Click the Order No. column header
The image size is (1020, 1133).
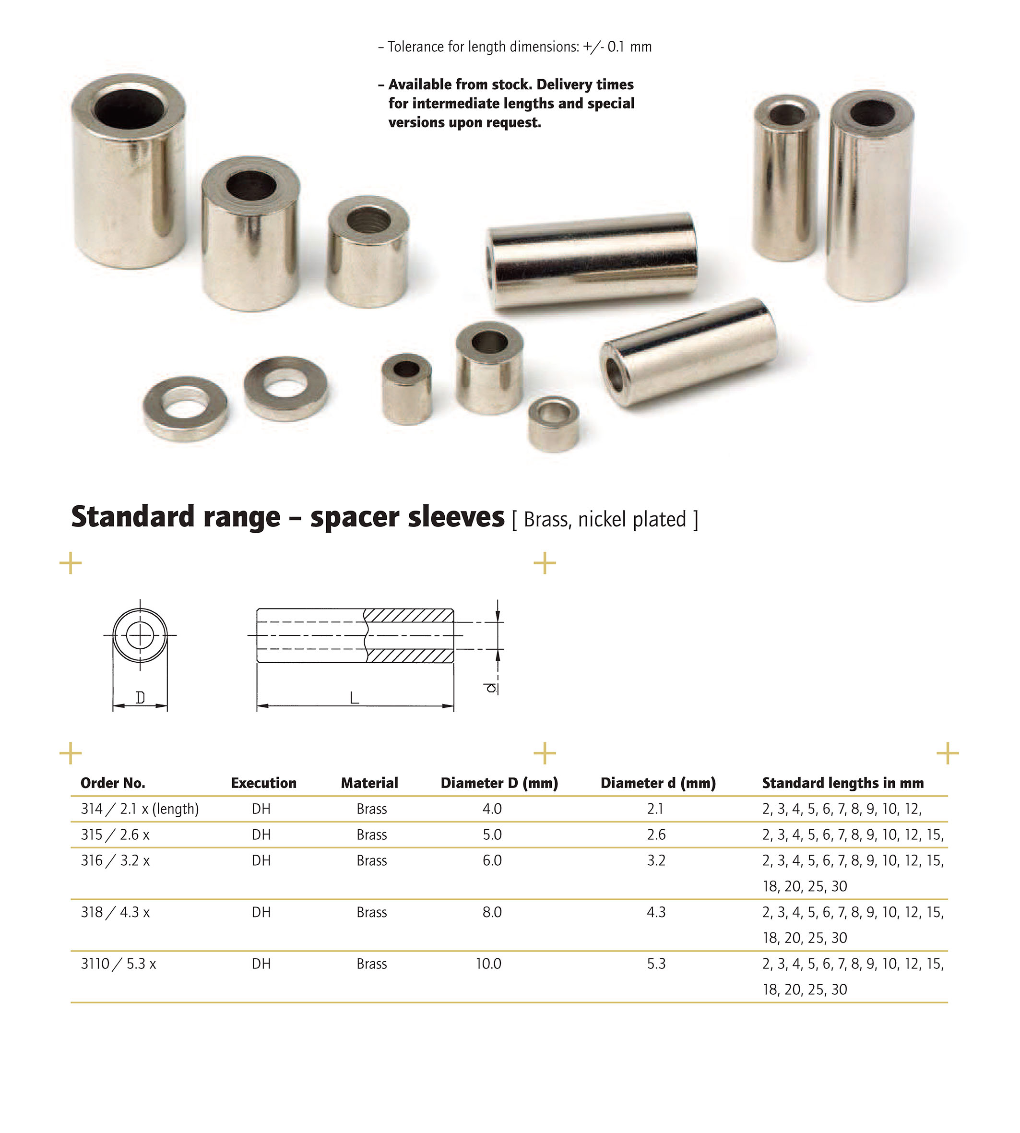tap(113, 783)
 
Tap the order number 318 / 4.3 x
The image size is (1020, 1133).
tap(115, 912)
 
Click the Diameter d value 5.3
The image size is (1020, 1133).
tap(656, 964)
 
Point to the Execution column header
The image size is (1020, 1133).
tap(263, 783)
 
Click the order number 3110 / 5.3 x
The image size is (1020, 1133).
tap(118, 964)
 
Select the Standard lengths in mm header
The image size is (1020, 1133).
tap(842, 783)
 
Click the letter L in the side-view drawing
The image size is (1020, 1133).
tap(354, 698)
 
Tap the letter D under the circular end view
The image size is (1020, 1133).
tap(140, 698)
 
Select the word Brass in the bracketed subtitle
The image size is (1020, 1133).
tap(547, 520)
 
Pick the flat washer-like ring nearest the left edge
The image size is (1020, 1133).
tap(185, 407)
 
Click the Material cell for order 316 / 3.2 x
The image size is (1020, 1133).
tap(371, 860)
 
